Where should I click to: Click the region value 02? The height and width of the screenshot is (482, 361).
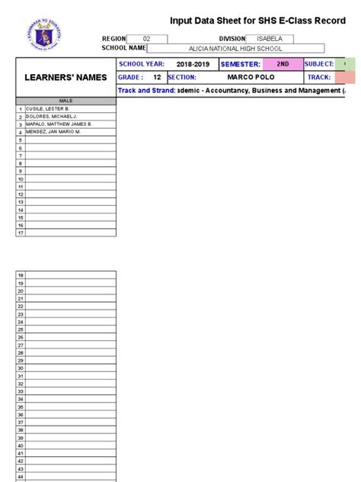coord(147,39)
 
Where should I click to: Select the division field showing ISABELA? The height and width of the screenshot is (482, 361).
coord(270,39)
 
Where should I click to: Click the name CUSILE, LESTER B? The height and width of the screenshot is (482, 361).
coord(48,109)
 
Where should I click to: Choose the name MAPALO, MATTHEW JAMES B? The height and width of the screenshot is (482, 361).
coord(59,124)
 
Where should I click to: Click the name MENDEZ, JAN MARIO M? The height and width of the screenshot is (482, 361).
coord(53,132)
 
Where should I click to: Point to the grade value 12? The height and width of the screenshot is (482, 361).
coord(157,77)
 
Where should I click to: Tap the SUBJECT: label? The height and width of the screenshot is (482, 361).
coord(319,64)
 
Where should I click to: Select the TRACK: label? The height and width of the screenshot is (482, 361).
coord(318,77)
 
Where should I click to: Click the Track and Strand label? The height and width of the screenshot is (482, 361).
coord(145,91)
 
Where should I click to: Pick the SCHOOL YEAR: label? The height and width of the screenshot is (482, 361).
coord(142,64)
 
